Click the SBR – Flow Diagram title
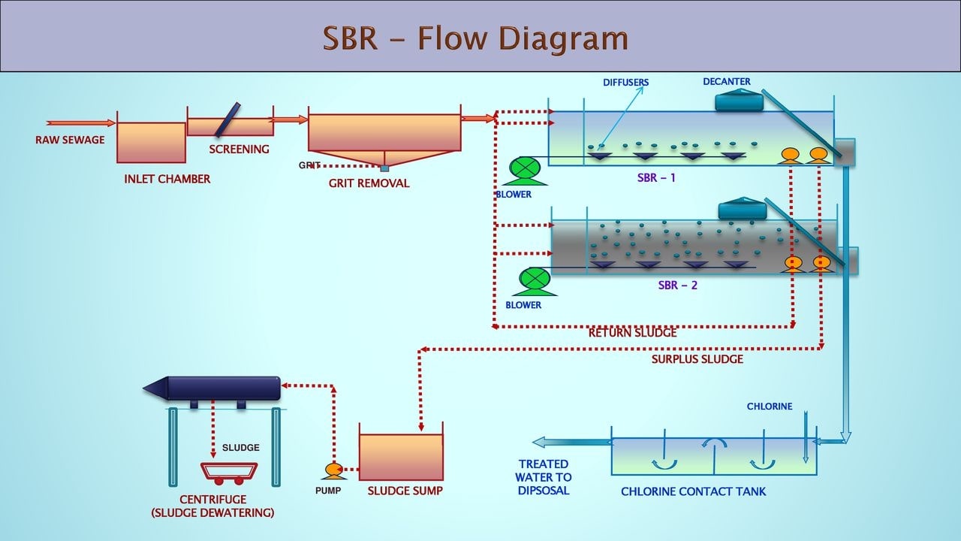(x=474, y=38)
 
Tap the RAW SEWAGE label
(x=70, y=140)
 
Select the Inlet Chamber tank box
(x=151, y=142)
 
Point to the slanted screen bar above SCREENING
(x=227, y=120)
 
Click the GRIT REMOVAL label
(x=369, y=183)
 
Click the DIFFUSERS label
(x=625, y=83)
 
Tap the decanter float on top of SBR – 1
(x=739, y=101)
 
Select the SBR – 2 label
(x=678, y=286)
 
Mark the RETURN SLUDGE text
(x=632, y=333)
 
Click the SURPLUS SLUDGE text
(x=697, y=359)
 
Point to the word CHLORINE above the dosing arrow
(x=769, y=407)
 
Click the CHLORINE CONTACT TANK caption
(x=693, y=492)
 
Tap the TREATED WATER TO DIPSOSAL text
(x=544, y=477)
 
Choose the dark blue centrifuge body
(x=221, y=388)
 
